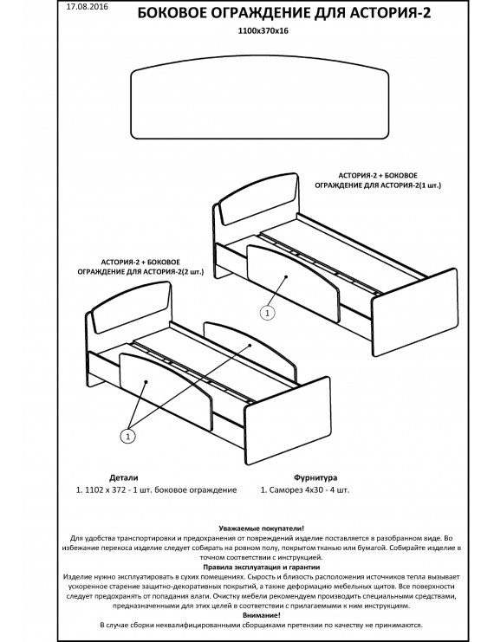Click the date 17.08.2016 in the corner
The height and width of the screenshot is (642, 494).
click(x=87, y=7)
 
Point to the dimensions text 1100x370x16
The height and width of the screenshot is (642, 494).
click(x=263, y=30)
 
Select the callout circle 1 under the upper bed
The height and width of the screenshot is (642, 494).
click(x=268, y=314)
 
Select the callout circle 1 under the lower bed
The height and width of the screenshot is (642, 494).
click(x=127, y=437)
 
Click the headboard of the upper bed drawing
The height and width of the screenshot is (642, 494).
click(x=259, y=198)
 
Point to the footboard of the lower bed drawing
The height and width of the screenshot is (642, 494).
click(x=288, y=420)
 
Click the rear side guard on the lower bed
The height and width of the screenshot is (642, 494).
click(x=250, y=350)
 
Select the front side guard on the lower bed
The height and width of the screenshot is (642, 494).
click(x=166, y=391)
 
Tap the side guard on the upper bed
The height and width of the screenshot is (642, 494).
click(x=293, y=282)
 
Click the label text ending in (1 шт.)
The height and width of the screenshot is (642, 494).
click(x=378, y=180)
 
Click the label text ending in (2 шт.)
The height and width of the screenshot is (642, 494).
click(x=140, y=267)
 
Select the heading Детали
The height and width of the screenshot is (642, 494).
click(x=124, y=477)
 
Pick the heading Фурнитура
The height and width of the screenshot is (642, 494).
click(x=315, y=477)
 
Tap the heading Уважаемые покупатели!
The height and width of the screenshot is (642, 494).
click(x=262, y=529)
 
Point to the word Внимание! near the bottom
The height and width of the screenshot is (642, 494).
click(x=262, y=615)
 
